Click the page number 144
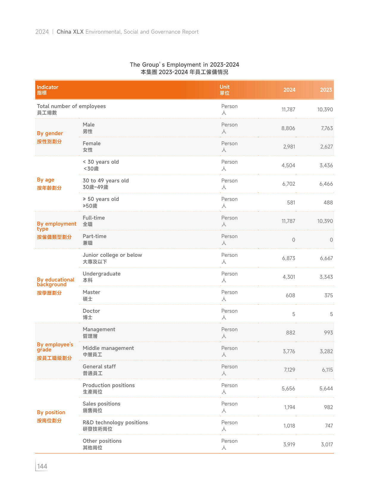coord(42,466)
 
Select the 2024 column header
coord(289,90)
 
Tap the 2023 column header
coord(326,90)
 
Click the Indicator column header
coord(48,90)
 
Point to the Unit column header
coord(224,90)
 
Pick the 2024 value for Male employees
coord(288,128)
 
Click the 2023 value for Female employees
coord(326,147)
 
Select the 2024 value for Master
coord(290,295)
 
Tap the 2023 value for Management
coord(328,333)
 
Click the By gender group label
coord(50,137)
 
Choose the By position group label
coord(51,416)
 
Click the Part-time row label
coord(94,239)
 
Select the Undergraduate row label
coord(101,277)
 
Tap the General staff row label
coord(99,370)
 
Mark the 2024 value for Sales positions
coord(290,407)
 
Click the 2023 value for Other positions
coord(327,444)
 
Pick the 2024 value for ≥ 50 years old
coord(291,203)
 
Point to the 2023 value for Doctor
coord(331,314)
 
